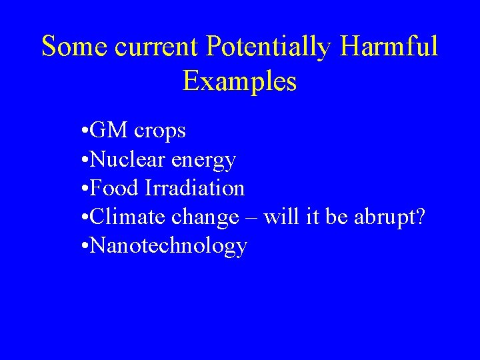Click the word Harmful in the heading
point(394,47)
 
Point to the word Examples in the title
point(239,81)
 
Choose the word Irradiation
point(194,189)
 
